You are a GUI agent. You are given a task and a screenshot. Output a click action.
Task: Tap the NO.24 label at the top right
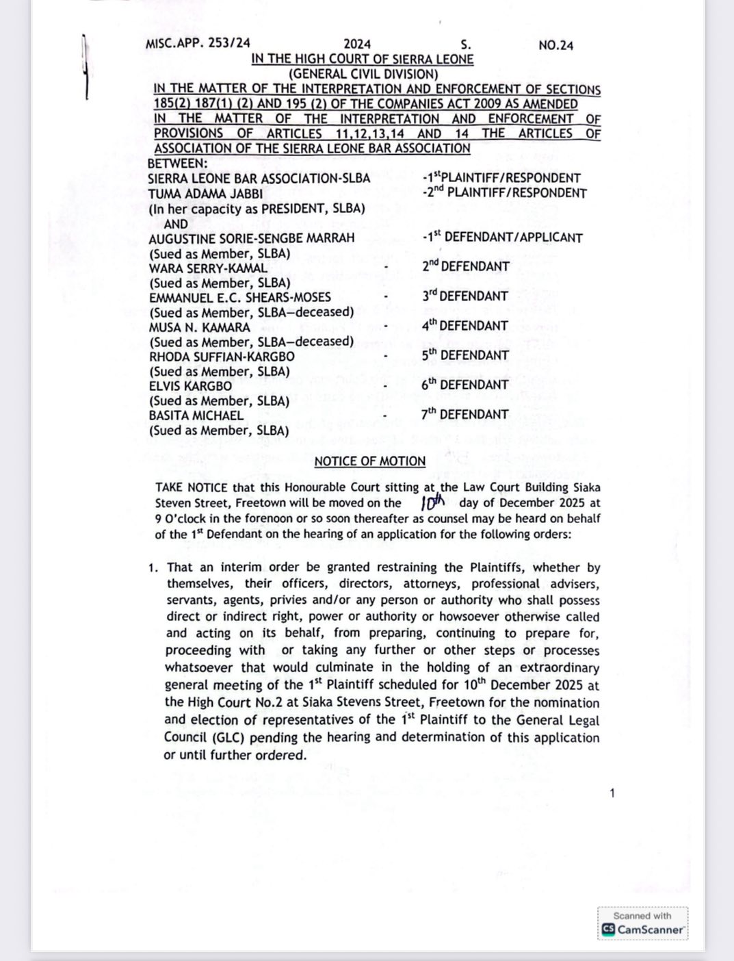tap(555, 45)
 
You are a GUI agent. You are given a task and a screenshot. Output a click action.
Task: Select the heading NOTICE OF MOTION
tap(369, 461)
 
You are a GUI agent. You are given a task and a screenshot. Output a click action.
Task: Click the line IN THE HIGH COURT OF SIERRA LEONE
tap(363, 59)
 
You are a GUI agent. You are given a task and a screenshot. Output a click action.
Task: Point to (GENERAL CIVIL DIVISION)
tap(363, 74)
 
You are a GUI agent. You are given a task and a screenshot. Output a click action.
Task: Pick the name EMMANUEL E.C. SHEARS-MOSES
tap(240, 297)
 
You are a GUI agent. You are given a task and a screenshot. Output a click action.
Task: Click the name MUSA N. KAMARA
tap(200, 327)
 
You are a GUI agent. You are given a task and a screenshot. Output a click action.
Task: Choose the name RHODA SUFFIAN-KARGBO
tap(222, 357)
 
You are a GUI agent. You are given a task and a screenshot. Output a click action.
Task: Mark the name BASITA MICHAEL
tap(196, 415)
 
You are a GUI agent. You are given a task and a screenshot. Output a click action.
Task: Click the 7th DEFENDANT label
tap(465, 414)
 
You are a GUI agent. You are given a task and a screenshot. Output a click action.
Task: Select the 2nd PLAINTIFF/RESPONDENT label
tap(505, 193)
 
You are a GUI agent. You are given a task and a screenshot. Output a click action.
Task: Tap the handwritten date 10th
tap(433, 503)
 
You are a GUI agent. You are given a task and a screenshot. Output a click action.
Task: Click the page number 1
tap(612, 793)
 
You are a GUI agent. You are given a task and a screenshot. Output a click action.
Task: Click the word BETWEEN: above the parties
tap(177, 164)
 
